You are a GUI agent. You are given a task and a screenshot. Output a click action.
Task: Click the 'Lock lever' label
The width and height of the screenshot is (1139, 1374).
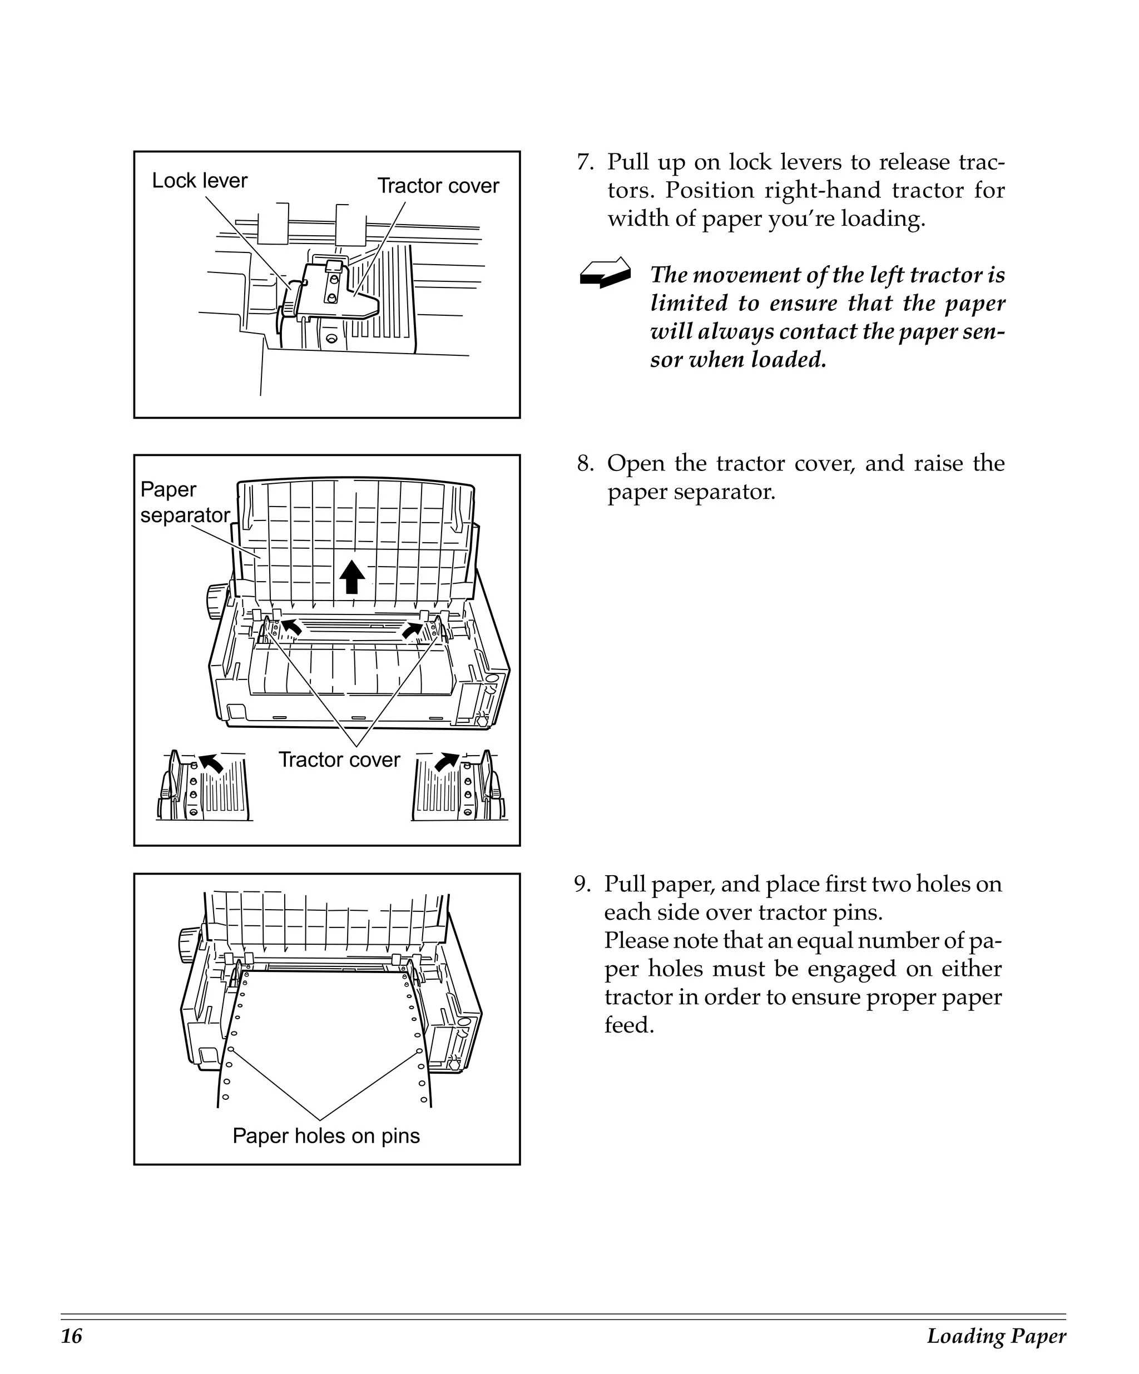pyautogui.click(x=200, y=181)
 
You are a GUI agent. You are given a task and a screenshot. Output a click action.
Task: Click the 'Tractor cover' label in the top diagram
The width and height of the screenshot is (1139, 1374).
pyautogui.click(x=438, y=186)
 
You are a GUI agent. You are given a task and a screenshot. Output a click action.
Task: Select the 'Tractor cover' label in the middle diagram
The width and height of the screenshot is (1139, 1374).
pyautogui.click(x=339, y=760)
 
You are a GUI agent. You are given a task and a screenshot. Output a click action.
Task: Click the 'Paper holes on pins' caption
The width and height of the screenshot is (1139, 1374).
pyautogui.click(x=326, y=1136)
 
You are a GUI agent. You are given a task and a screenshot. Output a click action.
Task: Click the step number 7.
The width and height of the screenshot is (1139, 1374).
pyautogui.click(x=583, y=162)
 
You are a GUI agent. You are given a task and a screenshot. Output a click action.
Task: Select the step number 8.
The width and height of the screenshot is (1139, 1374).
pyautogui.click(x=583, y=464)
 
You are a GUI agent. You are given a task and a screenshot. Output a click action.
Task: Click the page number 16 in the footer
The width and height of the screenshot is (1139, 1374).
pyautogui.click(x=72, y=1336)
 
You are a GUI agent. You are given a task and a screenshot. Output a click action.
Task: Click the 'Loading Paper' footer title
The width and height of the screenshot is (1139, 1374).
pyautogui.click(x=996, y=1336)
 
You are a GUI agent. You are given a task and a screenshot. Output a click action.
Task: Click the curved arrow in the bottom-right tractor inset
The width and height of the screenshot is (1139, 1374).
pyautogui.click(x=446, y=762)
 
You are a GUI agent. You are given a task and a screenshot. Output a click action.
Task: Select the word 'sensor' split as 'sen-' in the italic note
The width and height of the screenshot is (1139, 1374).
pyautogui.click(x=984, y=333)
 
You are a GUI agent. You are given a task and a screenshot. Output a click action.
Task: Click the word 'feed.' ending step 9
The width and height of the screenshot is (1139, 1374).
pyautogui.click(x=628, y=1025)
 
